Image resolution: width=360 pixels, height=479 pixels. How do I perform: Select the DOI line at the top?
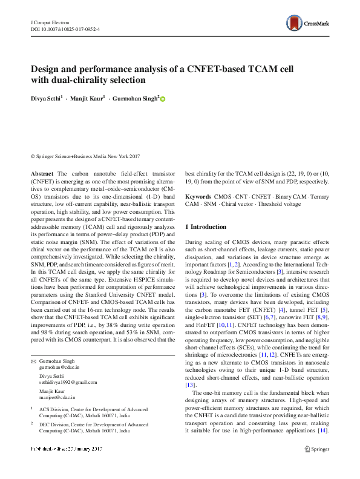point(65,29)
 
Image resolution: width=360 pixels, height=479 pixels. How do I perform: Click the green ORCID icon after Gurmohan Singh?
point(162,99)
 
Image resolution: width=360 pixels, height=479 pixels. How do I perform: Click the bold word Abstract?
point(42,174)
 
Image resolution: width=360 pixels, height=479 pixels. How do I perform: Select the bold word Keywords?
point(198,197)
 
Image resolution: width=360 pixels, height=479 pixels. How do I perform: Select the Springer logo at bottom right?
point(316,449)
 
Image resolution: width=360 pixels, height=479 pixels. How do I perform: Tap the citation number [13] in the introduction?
point(190,385)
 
